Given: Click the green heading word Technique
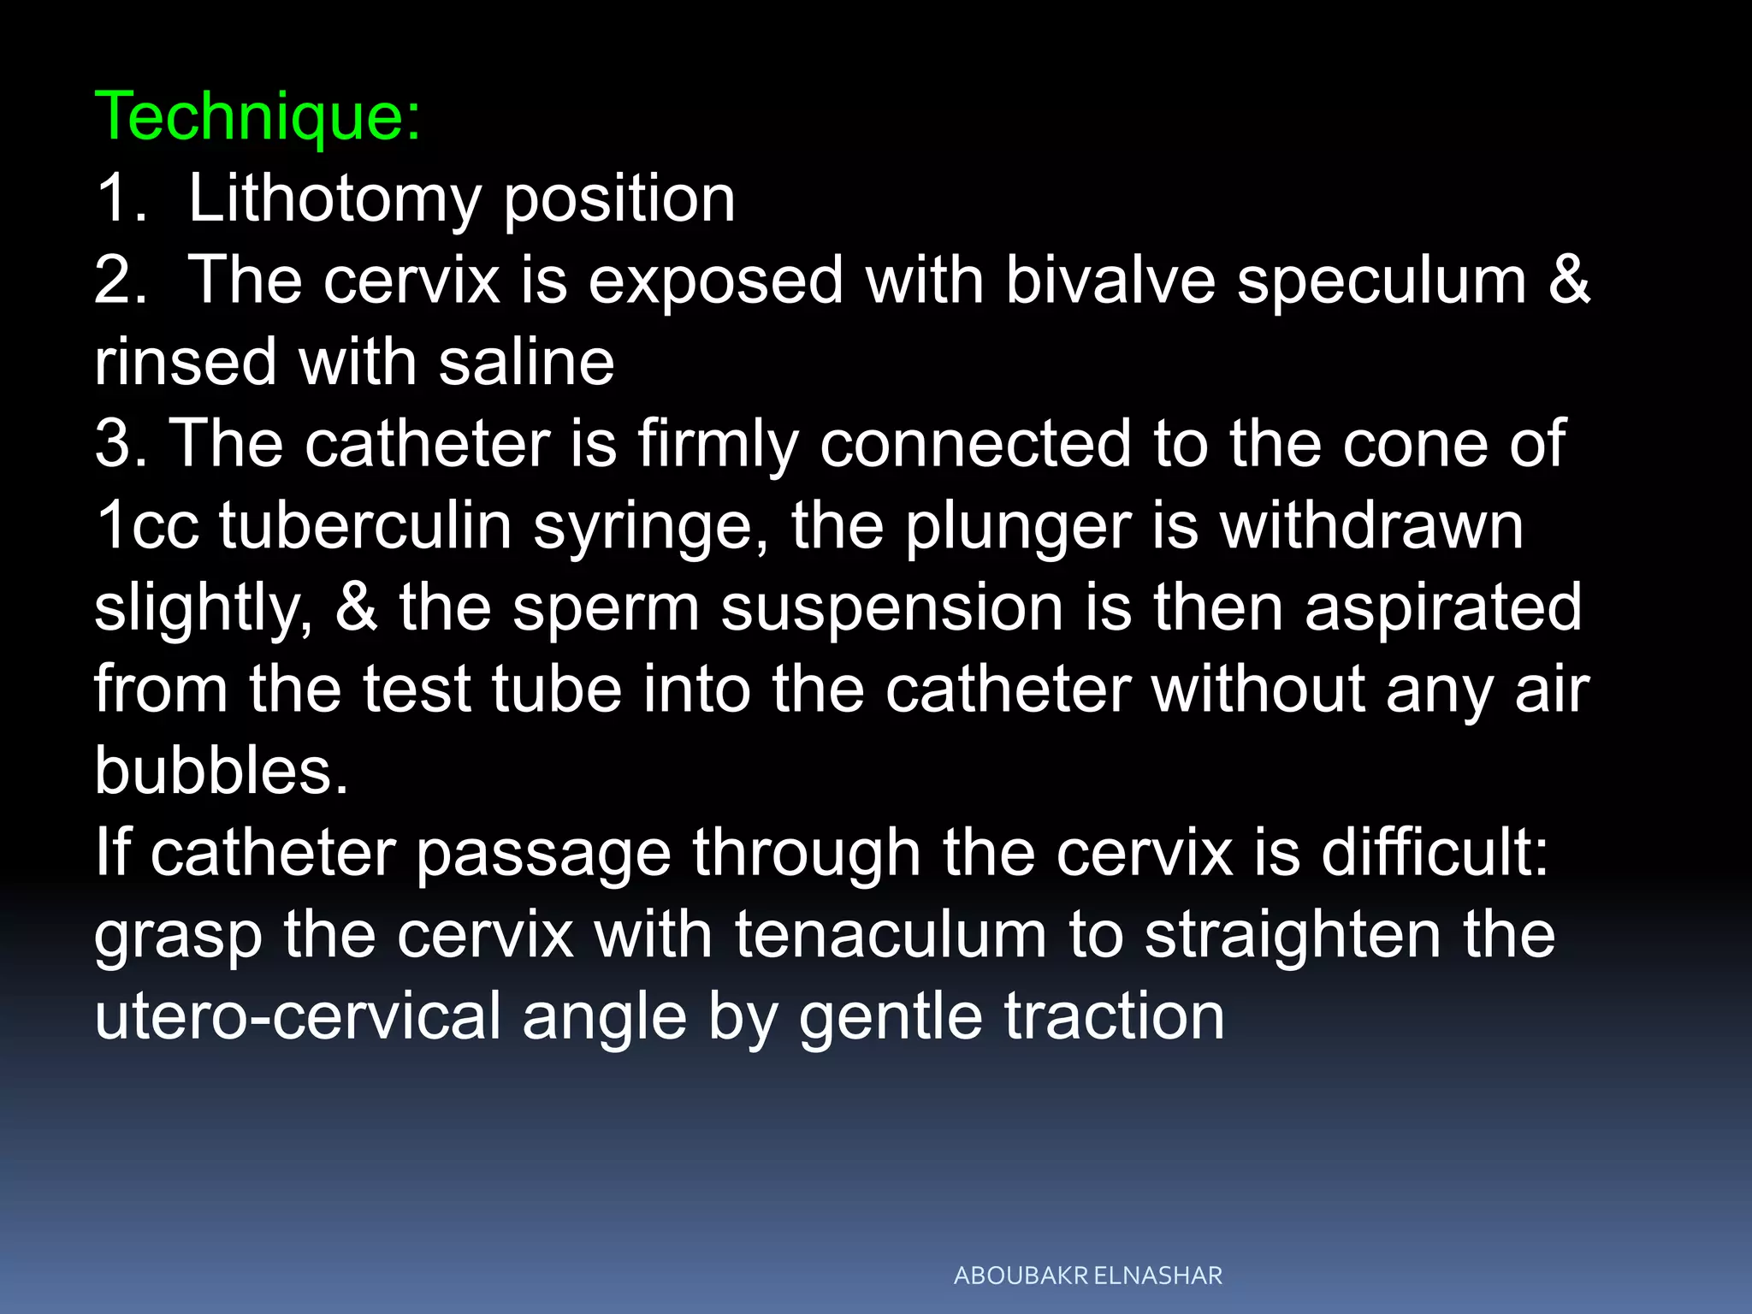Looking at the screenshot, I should point(257,117).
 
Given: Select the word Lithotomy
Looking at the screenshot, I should point(334,199).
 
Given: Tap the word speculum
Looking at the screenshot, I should point(1382,281).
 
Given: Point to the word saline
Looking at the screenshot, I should point(526,362).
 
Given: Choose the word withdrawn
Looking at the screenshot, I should point(1371,525).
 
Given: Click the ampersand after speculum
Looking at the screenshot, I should point(1569,280).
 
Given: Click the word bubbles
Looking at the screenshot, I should point(221,771).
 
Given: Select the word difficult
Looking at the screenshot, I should point(1434,853).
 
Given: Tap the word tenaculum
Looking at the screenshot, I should point(890,934).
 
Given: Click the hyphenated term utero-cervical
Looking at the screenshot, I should point(298,1016).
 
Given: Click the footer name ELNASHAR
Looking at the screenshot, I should point(1157,1276).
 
